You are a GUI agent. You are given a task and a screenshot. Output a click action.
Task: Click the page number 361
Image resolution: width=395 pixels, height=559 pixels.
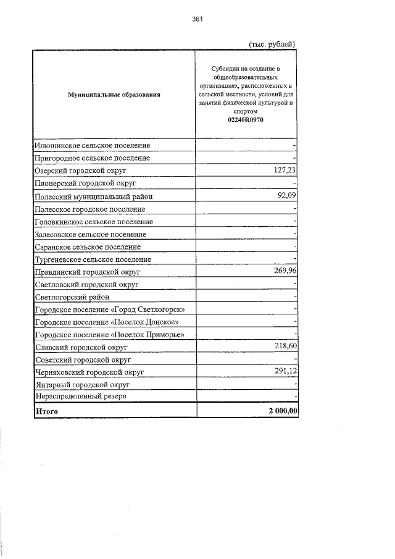pos(197,19)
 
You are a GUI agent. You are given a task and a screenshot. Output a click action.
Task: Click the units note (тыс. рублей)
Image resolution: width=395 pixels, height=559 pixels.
pos(272,44)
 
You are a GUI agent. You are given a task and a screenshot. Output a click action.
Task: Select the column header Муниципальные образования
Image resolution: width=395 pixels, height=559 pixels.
pos(114,95)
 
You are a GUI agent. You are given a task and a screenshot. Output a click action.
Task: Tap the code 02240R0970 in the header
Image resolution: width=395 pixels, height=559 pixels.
pos(245,120)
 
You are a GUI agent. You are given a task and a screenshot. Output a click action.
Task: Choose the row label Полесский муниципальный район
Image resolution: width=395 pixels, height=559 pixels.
pos(93,196)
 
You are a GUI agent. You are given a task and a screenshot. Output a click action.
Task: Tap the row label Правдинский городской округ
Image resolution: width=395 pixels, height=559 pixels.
pos(88,272)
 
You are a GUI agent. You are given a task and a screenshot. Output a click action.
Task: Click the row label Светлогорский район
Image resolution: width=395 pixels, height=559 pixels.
pos(72,297)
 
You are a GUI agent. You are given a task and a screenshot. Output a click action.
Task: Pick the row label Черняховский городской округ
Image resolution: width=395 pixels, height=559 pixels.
pos(89,372)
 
